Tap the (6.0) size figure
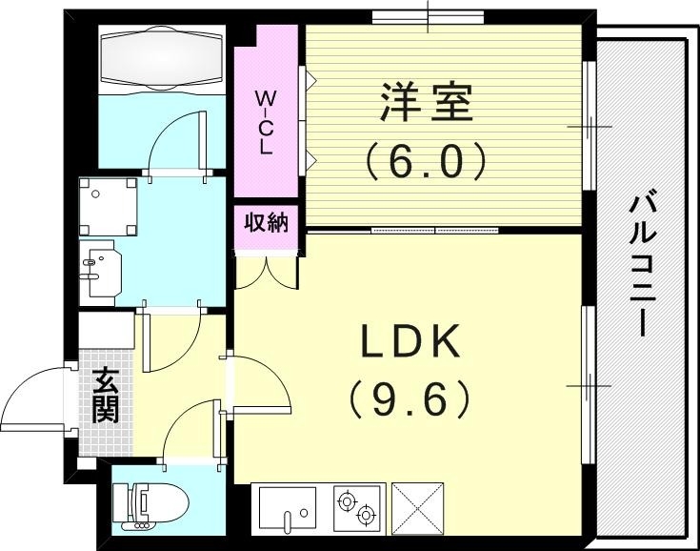(x=427, y=159)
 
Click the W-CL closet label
(x=266, y=122)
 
